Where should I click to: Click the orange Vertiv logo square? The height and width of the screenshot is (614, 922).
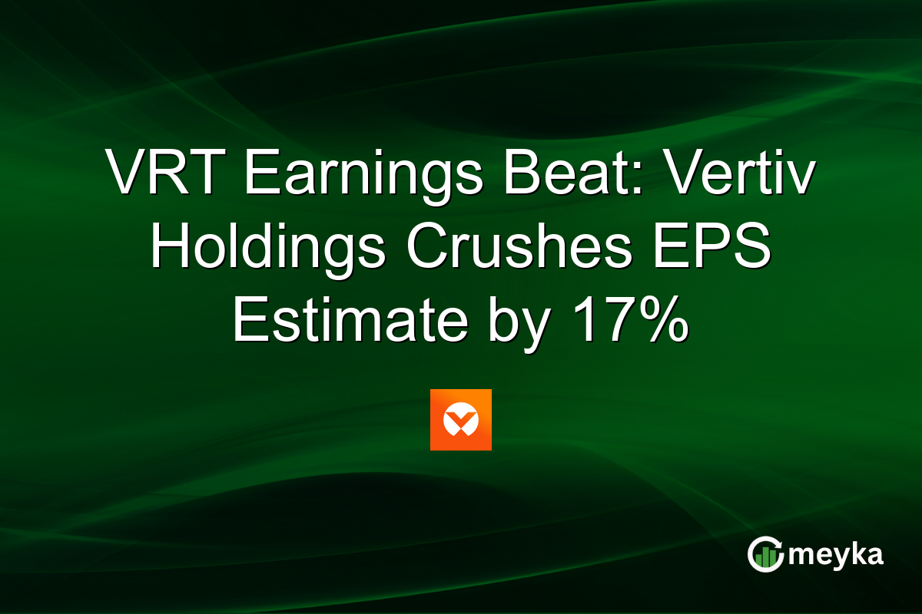[x=461, y=420]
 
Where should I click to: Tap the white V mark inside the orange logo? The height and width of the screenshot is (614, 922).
[x=461, y=421]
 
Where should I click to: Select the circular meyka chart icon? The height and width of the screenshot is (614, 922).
[x=764, y=555]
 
